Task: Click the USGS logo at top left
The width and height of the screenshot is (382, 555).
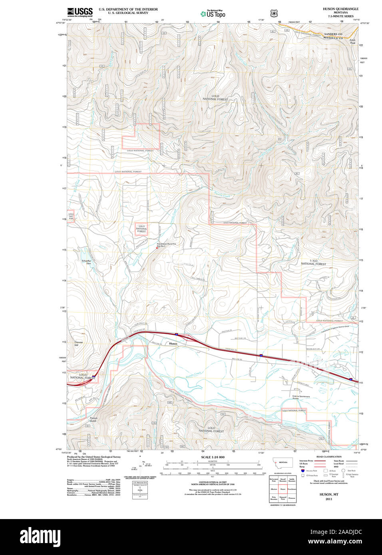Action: (x=80, y=12)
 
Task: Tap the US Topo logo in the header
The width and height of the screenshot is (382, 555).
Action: (x=213, y=14)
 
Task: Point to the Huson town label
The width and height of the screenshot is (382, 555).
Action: (x=173, y=344)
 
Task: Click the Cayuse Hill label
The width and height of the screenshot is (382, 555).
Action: (x=78, y=344)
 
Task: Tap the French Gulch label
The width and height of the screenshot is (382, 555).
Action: (x=93, y=420)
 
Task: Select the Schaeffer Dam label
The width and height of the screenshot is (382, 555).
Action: (x=86, y=262)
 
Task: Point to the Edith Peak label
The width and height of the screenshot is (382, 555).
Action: (x=352, y=41)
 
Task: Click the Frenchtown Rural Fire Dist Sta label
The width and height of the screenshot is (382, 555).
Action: (x=166, y=245)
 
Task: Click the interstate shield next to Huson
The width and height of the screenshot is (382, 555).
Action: (x=176, y=334)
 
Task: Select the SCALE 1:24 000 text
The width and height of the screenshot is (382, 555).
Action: (x=213, y=457)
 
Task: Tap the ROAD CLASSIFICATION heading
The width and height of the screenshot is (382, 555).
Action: (x=329, y=456)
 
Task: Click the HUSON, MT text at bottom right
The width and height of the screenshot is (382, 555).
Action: (x=328, y=494)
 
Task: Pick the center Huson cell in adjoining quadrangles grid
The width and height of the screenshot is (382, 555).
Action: (x=283, y=489)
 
